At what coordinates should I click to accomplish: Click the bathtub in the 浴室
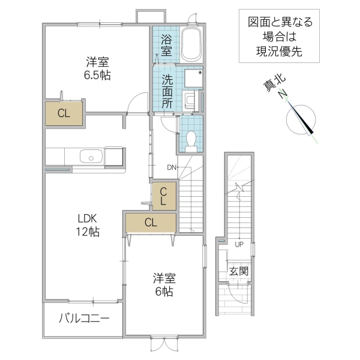click(x=191, y=44)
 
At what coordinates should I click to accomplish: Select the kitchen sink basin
click(x=91, y=157)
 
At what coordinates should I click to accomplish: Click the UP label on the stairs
click(x=239, y=244)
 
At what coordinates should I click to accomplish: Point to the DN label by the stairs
click(x=172, y=167)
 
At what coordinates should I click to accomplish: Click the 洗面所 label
click(x=166, y=91)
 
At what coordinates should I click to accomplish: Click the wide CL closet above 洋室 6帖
click(x=151, y=222)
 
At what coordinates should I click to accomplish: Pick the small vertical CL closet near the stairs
click(x=163, y=196)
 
